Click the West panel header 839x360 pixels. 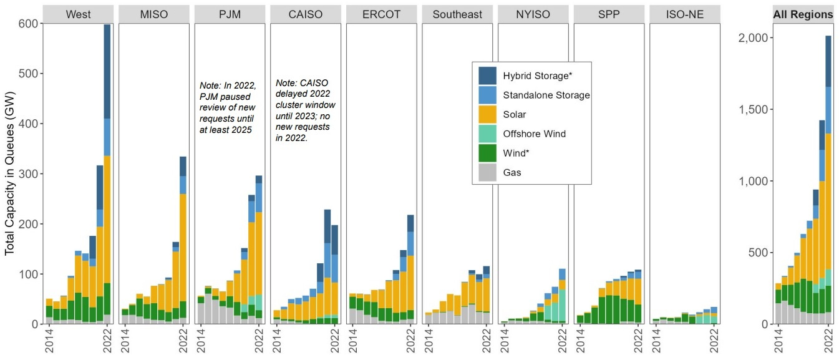77,14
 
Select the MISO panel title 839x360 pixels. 153,14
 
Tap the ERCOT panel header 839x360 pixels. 381,14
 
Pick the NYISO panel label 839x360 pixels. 533,14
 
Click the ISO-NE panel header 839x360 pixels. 684,14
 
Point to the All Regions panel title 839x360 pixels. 803,14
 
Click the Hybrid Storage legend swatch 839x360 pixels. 488,75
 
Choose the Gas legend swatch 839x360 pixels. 488,172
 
